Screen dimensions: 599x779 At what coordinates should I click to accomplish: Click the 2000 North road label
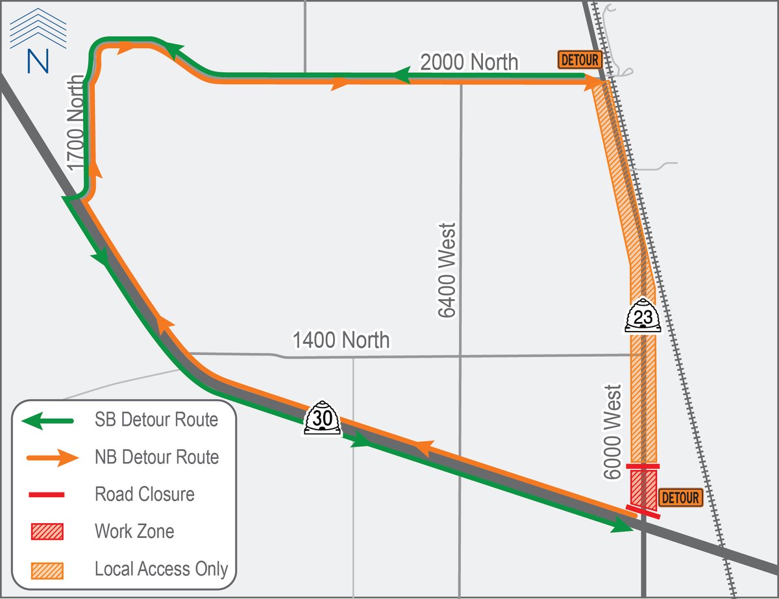469,62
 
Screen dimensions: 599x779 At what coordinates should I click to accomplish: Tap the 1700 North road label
76,123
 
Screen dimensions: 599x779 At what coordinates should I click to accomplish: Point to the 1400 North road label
341,339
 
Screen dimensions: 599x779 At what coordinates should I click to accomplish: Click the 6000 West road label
612,432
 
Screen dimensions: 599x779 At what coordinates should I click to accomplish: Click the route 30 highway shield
323,419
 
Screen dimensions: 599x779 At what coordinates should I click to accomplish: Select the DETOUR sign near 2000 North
579,60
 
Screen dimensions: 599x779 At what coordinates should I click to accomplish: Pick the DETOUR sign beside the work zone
681,498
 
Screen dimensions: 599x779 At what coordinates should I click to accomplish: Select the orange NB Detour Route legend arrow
52,458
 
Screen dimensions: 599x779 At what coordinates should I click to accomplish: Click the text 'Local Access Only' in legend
161,569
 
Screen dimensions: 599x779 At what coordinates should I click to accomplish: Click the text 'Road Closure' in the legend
144,495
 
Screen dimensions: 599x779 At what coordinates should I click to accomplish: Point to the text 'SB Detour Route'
156,420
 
